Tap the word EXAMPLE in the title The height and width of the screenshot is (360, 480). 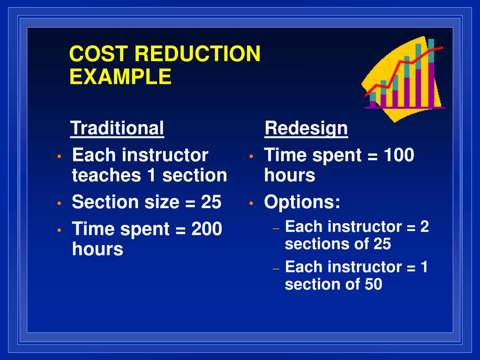coord(120,76)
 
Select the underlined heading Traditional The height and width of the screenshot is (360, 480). coord(117,128)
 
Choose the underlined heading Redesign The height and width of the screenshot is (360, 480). coord(306,128)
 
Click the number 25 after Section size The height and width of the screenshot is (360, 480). coord(211,202)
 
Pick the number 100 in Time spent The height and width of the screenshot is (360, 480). coord(399,155)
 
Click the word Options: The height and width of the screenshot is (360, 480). coord(302,202)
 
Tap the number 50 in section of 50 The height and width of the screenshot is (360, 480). coord(372,284)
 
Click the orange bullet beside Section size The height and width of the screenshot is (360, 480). coord(59,203)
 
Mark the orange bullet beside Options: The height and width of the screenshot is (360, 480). coord(251,203)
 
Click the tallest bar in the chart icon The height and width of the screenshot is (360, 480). coord(431,75)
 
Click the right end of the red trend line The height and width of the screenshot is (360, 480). coord(441,47)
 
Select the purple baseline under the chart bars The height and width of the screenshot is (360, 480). coord(405,108)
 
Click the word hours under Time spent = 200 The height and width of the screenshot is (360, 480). coord(97,249)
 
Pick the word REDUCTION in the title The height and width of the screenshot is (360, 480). coord(197,54)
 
